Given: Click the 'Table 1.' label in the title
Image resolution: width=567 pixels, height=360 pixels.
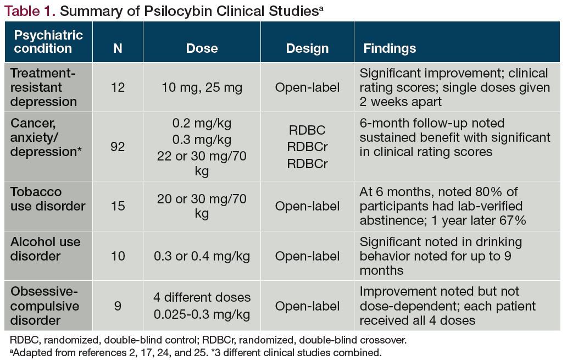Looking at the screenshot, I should point(26,10).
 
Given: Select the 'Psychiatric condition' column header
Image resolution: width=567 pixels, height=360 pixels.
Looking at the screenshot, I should point(48,42).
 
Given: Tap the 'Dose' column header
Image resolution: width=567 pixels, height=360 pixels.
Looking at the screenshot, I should point(202,48).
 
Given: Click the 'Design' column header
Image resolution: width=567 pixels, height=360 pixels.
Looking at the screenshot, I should point(307,48).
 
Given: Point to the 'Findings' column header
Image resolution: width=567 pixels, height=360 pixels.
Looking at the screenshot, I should point(390,48).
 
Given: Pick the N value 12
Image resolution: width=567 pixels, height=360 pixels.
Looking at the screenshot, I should point(118,87).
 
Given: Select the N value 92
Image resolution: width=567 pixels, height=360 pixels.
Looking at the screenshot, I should point(118,147).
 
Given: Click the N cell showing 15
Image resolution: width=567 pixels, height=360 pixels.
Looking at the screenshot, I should point(118,206).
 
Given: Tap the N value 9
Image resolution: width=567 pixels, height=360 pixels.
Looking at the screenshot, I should point(118,306).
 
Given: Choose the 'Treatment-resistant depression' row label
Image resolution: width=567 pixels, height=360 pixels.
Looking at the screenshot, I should point(44,87).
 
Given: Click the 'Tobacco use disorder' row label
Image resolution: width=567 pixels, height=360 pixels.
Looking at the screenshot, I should point(48,199).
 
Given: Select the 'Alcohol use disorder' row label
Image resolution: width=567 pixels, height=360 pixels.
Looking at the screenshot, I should point(45,249).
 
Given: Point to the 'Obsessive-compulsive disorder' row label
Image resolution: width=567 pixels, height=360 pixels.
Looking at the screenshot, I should point(45,306).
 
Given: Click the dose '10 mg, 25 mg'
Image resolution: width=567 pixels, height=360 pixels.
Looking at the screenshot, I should point(202,87).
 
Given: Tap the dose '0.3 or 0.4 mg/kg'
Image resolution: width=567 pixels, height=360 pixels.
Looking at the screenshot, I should point(202,256).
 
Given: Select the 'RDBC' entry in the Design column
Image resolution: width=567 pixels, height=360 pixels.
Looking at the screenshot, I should point(307,130).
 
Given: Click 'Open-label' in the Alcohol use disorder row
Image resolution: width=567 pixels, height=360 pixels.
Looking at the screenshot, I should point(307,256).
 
